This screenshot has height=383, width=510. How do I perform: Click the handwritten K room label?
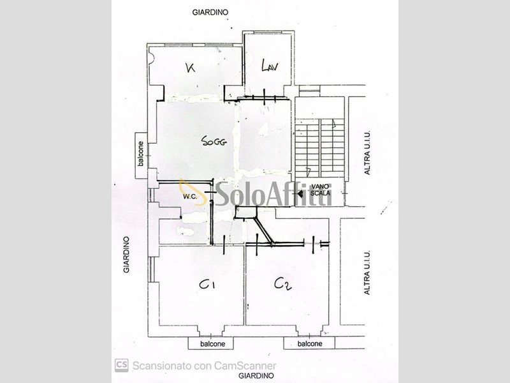(x=189, y=68)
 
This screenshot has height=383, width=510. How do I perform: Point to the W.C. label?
(x=189, y=197)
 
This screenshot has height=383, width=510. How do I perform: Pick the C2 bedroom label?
(x=282, y=284)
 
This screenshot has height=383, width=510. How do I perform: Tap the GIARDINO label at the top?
(x=210, y=12)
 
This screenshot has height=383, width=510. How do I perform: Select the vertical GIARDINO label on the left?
(x=127, y=255)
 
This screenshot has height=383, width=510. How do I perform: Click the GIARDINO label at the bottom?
(x=256, y=377)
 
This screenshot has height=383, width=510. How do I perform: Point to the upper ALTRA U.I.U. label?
(x=367, y=153)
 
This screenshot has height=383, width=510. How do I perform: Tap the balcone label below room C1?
(x=210, y=343)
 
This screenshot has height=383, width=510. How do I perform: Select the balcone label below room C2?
(x=309, y=343)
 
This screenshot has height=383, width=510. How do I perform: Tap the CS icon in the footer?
(x=121, y=365)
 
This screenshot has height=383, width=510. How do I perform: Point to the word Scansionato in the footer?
(x=161, y=366)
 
